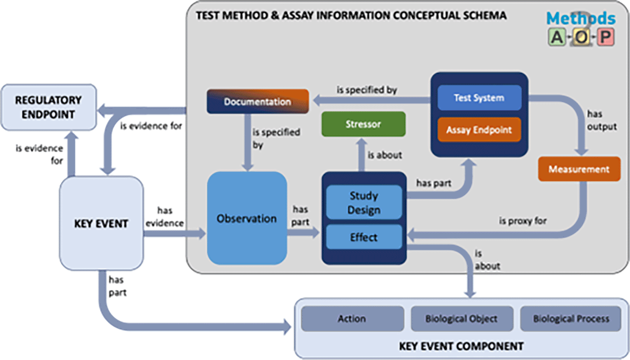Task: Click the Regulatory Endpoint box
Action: point(49,107)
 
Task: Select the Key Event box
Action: point(101,223)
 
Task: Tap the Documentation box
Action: point(258,101)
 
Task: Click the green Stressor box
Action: point(363,124)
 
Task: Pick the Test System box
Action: point(479,98)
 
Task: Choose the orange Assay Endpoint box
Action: point(479,130)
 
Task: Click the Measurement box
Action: point(579,169)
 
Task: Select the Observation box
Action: point(247,218)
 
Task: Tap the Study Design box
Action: point(364,203)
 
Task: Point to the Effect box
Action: point(364,237)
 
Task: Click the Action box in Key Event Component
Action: point(352,319)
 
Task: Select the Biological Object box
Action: point(462,319)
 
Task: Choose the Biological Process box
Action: point(571,319)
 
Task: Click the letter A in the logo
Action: point(557,37)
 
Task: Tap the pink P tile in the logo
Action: point(605,37)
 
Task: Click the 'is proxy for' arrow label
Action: point(523,221)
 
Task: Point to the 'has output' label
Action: point(602,120)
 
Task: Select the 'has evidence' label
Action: point(165,217)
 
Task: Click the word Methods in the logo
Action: point(581,18)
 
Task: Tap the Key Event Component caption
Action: point(461,346)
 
